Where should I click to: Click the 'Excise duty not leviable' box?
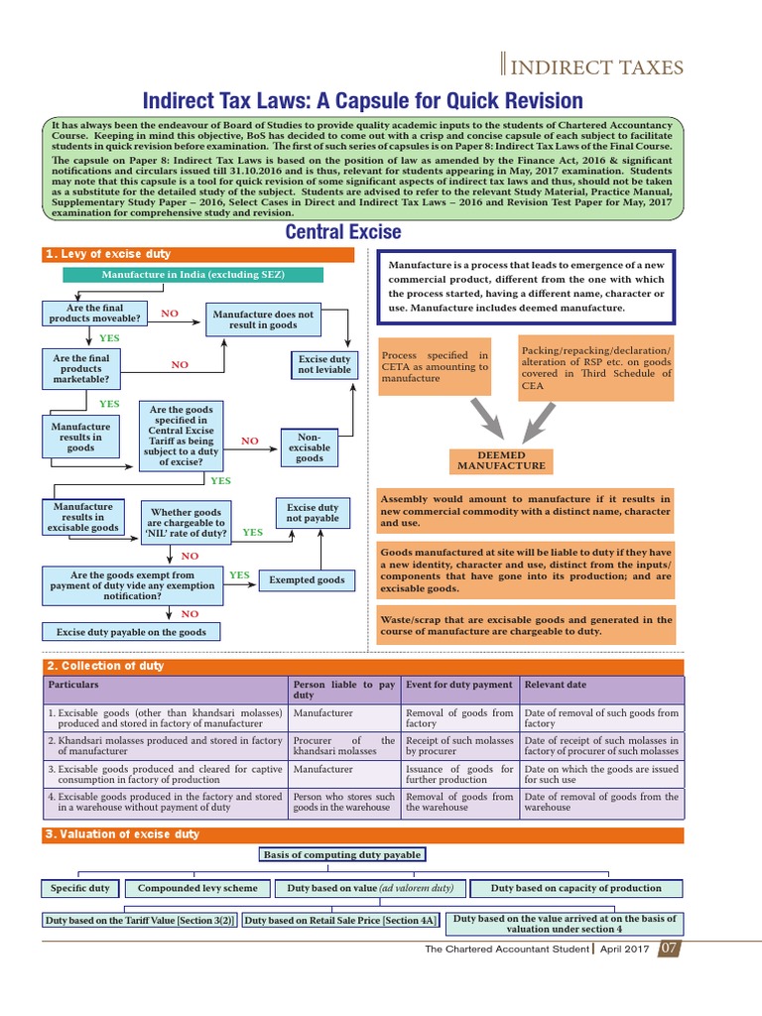point(323,364)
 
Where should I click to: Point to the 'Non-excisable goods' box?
point(310,446)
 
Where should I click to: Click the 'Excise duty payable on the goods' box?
point(131,632)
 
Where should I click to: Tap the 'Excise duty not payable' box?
point(313,512)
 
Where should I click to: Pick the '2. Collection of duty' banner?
point(363,666)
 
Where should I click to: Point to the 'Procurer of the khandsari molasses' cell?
point(344,745)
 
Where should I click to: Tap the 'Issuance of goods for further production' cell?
point(459,774)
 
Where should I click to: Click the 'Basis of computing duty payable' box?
point(342,854)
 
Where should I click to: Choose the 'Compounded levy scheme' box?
point(197,888)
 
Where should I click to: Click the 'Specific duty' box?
point(79,888)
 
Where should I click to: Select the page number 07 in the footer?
point(670,949)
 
